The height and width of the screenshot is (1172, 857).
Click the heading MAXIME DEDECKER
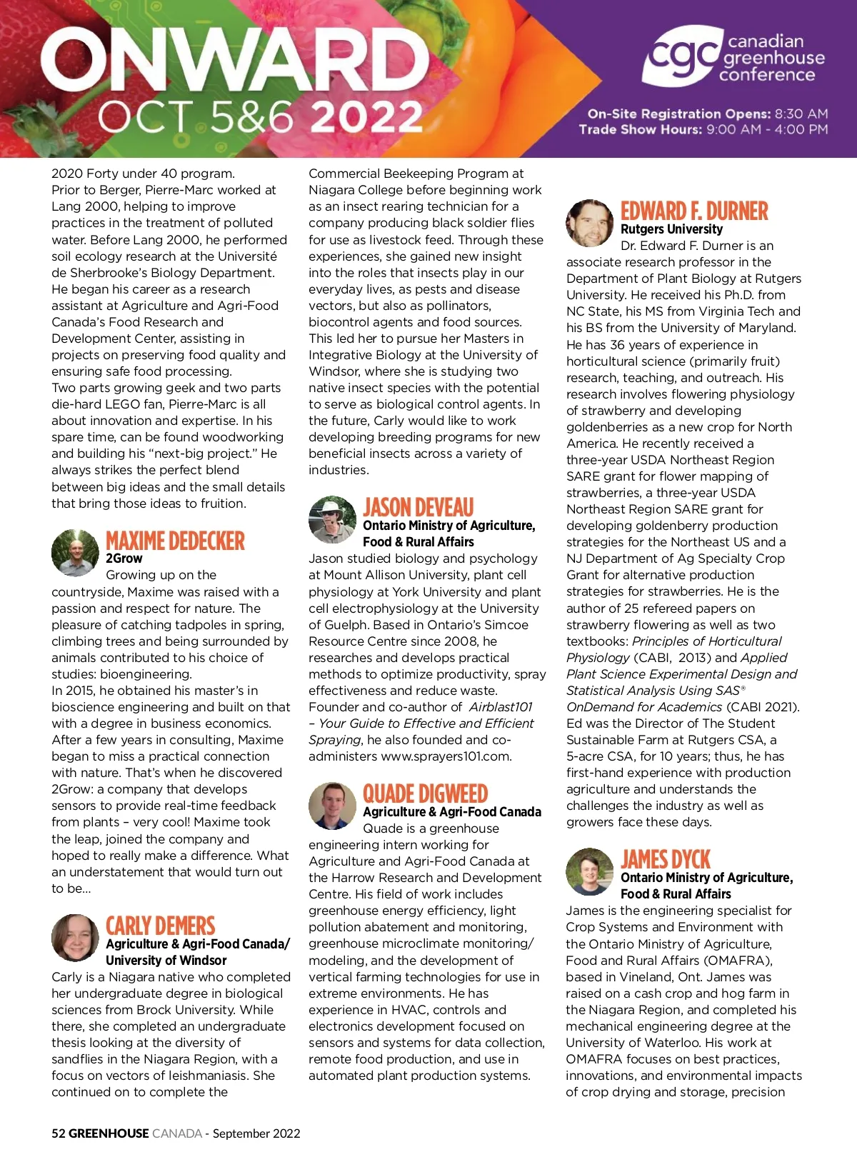[x=175, y=541]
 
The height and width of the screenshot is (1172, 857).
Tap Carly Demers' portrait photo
[x=75, y=938]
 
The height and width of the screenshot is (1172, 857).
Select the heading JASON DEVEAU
[x=418, y=508]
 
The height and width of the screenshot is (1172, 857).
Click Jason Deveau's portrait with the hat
[x=332, y=519]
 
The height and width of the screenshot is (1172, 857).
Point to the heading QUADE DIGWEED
[x=425, y=793]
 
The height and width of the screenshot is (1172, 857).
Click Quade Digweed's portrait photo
[x=332, y=806]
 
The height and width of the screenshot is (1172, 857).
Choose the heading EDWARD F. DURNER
[x=694, y=211]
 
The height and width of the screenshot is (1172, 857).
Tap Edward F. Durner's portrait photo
[x=589, y=223]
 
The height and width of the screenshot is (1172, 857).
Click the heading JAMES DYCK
[x=666, y=859]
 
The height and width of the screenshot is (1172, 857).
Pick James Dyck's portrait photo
[x=589, y=871]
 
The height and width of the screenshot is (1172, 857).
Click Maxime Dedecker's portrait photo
[x=75, y=553]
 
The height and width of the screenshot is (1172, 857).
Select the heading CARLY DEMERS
[x=160, y=926]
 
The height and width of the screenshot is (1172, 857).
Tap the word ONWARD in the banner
[x=236, y=61]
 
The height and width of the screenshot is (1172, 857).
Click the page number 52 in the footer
[x=59, y=1133]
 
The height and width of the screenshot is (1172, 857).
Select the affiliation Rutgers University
[x=671, y=229]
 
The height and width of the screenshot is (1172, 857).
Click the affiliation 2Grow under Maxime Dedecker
[x=124, y=559]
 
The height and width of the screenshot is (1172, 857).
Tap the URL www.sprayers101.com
[x=446, y=756]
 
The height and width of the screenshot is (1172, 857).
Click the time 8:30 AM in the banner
[x=801, y=114]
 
